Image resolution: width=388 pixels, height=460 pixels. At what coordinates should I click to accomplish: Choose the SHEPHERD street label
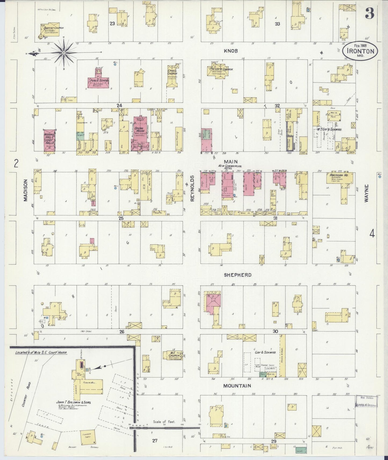point(238,275)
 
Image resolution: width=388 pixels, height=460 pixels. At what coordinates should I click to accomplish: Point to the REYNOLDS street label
point(192,188)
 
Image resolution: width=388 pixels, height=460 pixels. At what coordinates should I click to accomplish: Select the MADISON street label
point(26,190)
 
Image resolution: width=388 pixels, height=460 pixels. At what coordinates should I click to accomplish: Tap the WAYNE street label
point(367,193)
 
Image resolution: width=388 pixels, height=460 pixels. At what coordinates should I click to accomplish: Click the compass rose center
point(64,53)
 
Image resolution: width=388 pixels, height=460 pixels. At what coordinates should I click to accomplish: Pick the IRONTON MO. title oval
point(360,50)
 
